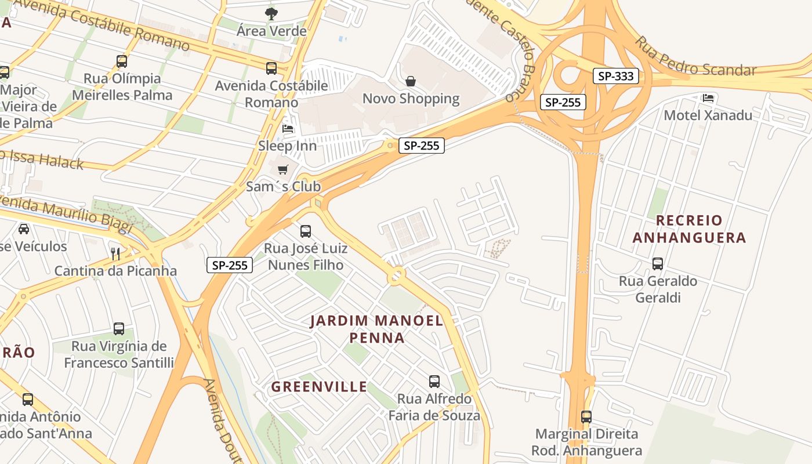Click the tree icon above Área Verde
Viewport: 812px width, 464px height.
coord(271,13)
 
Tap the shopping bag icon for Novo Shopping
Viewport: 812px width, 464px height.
coord(411,81)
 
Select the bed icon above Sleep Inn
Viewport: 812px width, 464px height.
coord(288,128)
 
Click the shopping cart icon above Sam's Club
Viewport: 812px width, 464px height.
coord(282,169)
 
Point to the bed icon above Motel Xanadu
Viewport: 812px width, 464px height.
coord(708,98)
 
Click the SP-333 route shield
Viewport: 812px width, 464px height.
coord(615,76)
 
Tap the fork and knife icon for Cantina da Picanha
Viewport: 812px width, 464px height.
coord(115,253)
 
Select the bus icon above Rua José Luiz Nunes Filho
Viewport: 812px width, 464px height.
coord(306,231)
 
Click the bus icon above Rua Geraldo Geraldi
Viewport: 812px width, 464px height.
coord(658,264)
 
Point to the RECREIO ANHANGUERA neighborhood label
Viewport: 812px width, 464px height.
coord(689,229)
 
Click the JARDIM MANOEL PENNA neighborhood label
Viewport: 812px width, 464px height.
coord(376,329)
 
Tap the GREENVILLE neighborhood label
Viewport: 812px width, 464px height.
coord(319,387)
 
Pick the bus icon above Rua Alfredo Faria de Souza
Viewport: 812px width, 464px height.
coord(434,381)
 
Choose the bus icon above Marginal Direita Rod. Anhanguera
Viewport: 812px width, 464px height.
coord(586,416)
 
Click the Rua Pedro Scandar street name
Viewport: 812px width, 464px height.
coord(696,60)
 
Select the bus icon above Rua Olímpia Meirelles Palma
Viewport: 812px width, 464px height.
coord(122,61)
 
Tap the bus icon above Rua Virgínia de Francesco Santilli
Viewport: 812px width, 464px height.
coord(119,329)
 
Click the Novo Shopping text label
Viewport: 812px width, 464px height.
coord(411,99)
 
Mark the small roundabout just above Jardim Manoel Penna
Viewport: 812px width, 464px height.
coord(397,275)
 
